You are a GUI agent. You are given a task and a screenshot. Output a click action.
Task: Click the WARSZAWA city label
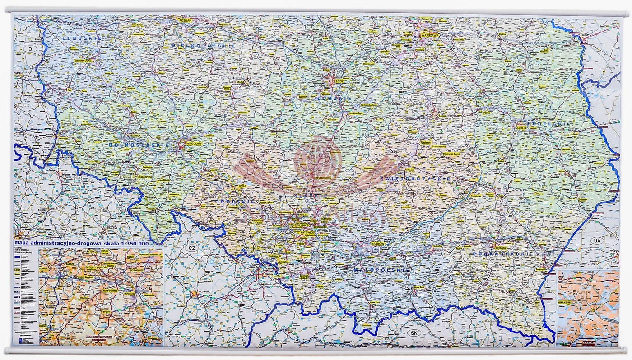click(x=430, y=35)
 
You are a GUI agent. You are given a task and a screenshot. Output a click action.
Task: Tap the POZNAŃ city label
click(x=185, y=20)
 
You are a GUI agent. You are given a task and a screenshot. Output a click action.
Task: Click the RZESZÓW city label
click(x=501, y=248)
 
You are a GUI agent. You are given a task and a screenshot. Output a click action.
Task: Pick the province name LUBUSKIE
click(x=82, y=38)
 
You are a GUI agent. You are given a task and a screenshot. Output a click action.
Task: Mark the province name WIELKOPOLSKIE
click(x=204, y=46)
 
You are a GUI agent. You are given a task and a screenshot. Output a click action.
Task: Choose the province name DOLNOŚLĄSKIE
click(x=139, y=145)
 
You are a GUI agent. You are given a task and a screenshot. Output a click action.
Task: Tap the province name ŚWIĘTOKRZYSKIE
click(x=415, y=179)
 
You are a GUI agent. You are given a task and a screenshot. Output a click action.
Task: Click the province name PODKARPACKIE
click(x=503, y=254)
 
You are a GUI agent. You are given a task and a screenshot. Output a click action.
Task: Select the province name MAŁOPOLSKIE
click(x=381, y=270)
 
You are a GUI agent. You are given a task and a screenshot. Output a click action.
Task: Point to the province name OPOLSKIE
click(x=235, y=202)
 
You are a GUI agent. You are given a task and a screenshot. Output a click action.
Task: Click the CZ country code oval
click(x=192, y=249)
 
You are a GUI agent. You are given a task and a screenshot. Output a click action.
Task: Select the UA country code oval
click(x=597, y=241)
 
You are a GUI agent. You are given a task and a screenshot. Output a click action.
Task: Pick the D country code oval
click(x=31, y=48)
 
